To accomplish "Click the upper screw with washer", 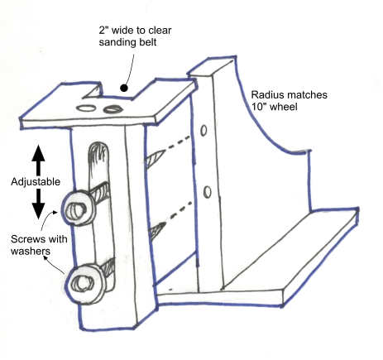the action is pos(79,209).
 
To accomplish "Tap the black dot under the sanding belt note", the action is pos(124,89).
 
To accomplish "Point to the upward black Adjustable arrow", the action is pos(38,160).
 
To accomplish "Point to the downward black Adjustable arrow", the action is pos(38,204).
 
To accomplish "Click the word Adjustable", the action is pos(36,182).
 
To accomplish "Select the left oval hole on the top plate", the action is pos(86,108).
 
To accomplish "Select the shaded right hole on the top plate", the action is pos(113,109).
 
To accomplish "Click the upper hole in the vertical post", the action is pos(203,131).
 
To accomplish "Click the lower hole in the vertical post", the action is pos(208,192).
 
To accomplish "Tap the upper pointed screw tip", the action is pos(155,157).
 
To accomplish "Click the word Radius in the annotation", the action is pos(266,95).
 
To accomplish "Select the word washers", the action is pos(31,251).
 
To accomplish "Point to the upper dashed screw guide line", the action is pos(179,142).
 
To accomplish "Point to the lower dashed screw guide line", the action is pos(180,211).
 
